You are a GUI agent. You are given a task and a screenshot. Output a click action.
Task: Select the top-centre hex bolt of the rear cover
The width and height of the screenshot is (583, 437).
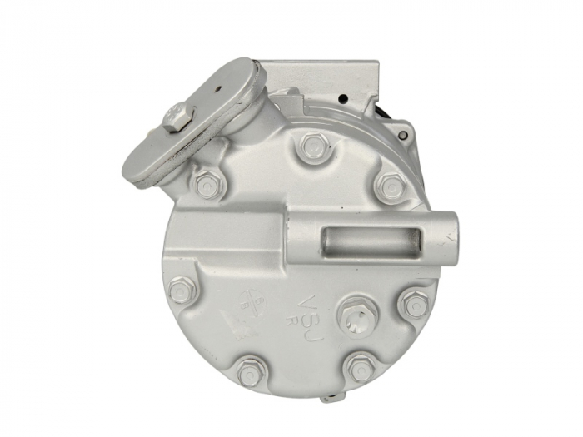click(313, 146)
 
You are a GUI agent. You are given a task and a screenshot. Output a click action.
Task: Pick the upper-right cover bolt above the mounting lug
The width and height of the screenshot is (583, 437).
click(390, 186)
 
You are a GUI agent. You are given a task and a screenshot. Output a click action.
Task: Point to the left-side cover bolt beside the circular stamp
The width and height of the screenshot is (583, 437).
click(182, 290)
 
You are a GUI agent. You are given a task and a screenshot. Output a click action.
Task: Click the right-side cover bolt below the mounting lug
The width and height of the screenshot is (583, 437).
click(414, 303)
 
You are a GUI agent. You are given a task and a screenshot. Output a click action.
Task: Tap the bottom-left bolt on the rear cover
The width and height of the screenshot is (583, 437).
click(249, 371)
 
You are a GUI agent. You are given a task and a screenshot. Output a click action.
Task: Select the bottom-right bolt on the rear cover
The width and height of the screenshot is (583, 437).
click(360, 369)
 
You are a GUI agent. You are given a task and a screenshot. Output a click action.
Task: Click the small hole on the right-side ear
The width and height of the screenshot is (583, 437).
click(403, 133)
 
